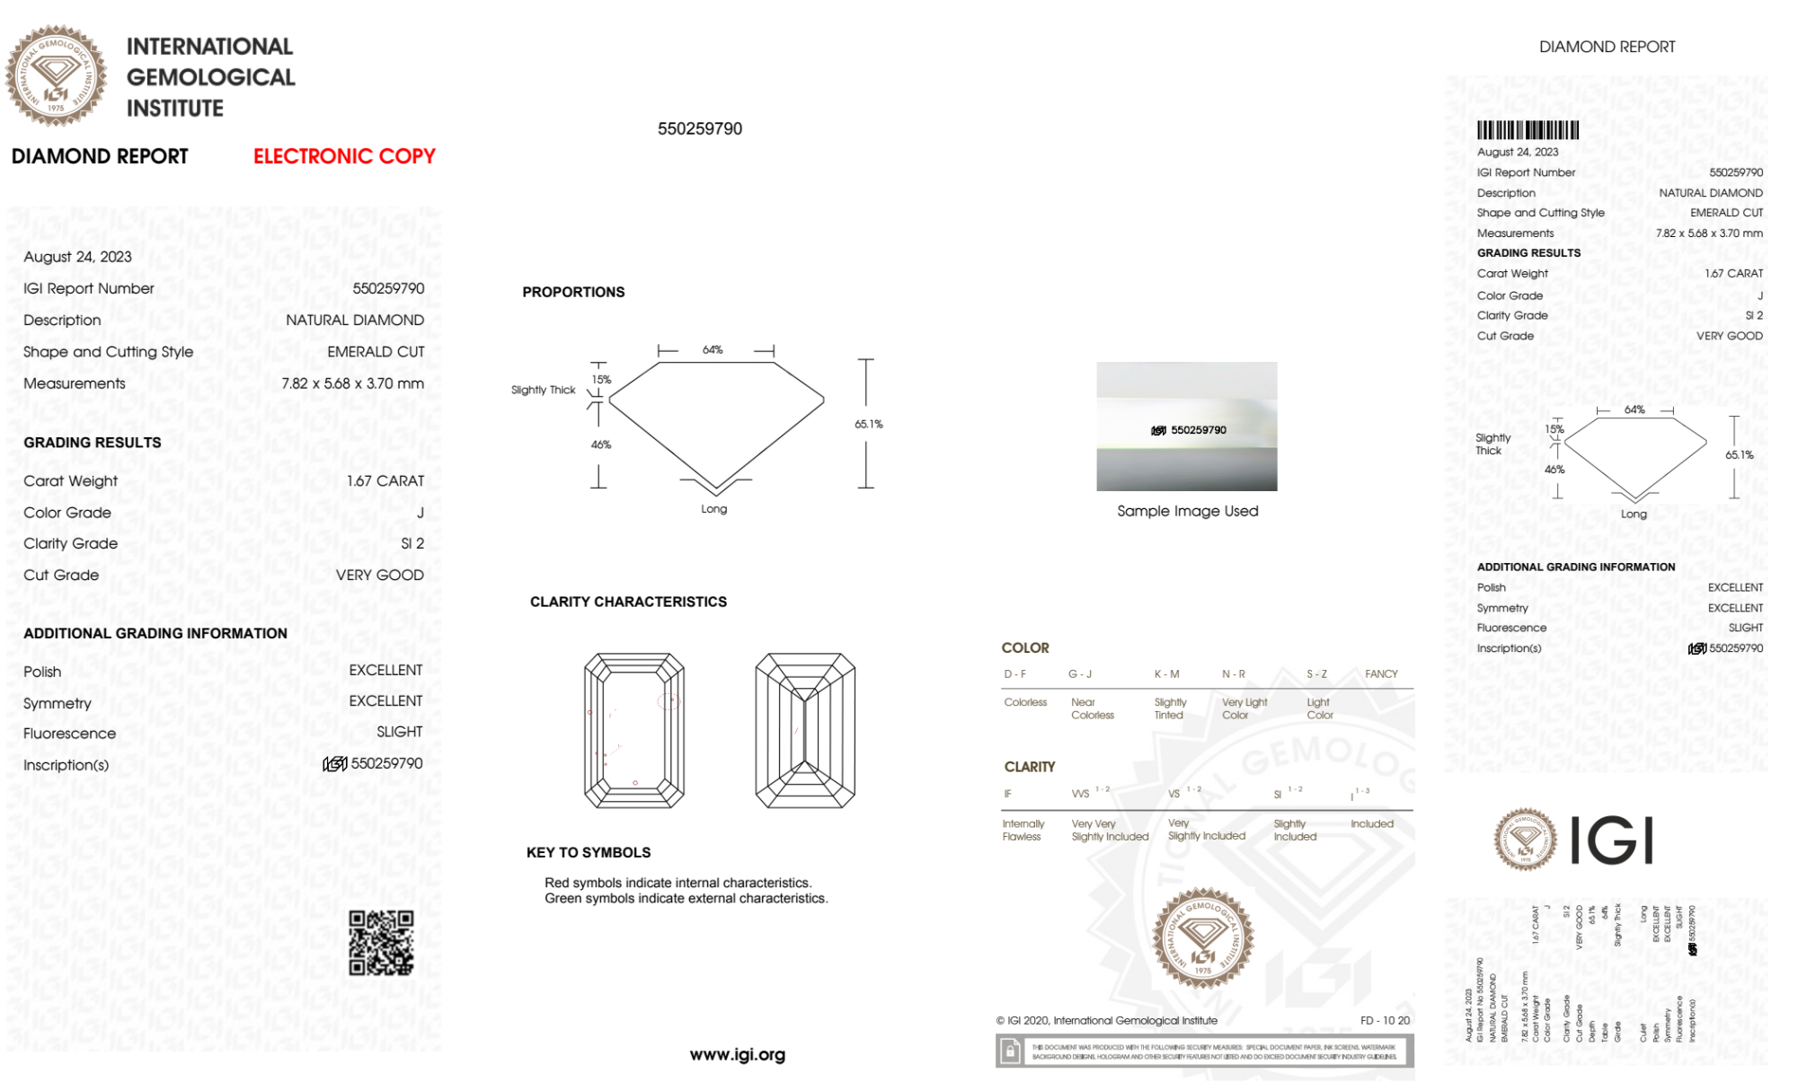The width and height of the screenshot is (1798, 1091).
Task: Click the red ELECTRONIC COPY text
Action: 344,156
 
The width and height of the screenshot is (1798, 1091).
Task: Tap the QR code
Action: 381,943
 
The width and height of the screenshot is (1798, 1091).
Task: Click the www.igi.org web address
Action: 737,1054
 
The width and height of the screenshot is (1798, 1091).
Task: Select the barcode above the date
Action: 1528,130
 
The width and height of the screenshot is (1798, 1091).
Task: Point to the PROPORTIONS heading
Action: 573,292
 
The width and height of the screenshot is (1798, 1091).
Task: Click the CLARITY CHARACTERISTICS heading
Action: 628,602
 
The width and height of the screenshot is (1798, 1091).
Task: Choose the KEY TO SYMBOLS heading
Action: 589,852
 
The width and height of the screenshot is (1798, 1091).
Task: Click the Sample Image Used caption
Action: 1187,511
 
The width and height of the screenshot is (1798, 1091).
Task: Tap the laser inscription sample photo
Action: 1186,427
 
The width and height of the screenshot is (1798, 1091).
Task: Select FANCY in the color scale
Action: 1381,673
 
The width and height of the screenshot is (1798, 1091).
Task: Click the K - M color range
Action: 1166,673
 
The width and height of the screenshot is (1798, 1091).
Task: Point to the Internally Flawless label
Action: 1023,830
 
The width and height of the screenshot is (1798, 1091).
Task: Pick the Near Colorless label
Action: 1092,708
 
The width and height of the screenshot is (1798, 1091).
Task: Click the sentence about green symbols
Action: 686,898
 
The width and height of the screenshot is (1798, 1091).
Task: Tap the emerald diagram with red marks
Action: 634,730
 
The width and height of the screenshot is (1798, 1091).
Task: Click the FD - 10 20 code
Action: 1385,1020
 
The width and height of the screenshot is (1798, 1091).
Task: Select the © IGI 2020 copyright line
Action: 1106,1020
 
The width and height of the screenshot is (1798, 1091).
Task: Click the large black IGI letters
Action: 1612,840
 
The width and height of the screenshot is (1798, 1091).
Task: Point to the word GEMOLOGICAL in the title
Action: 210,77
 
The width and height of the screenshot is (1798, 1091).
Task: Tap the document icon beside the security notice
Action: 1010,1051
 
